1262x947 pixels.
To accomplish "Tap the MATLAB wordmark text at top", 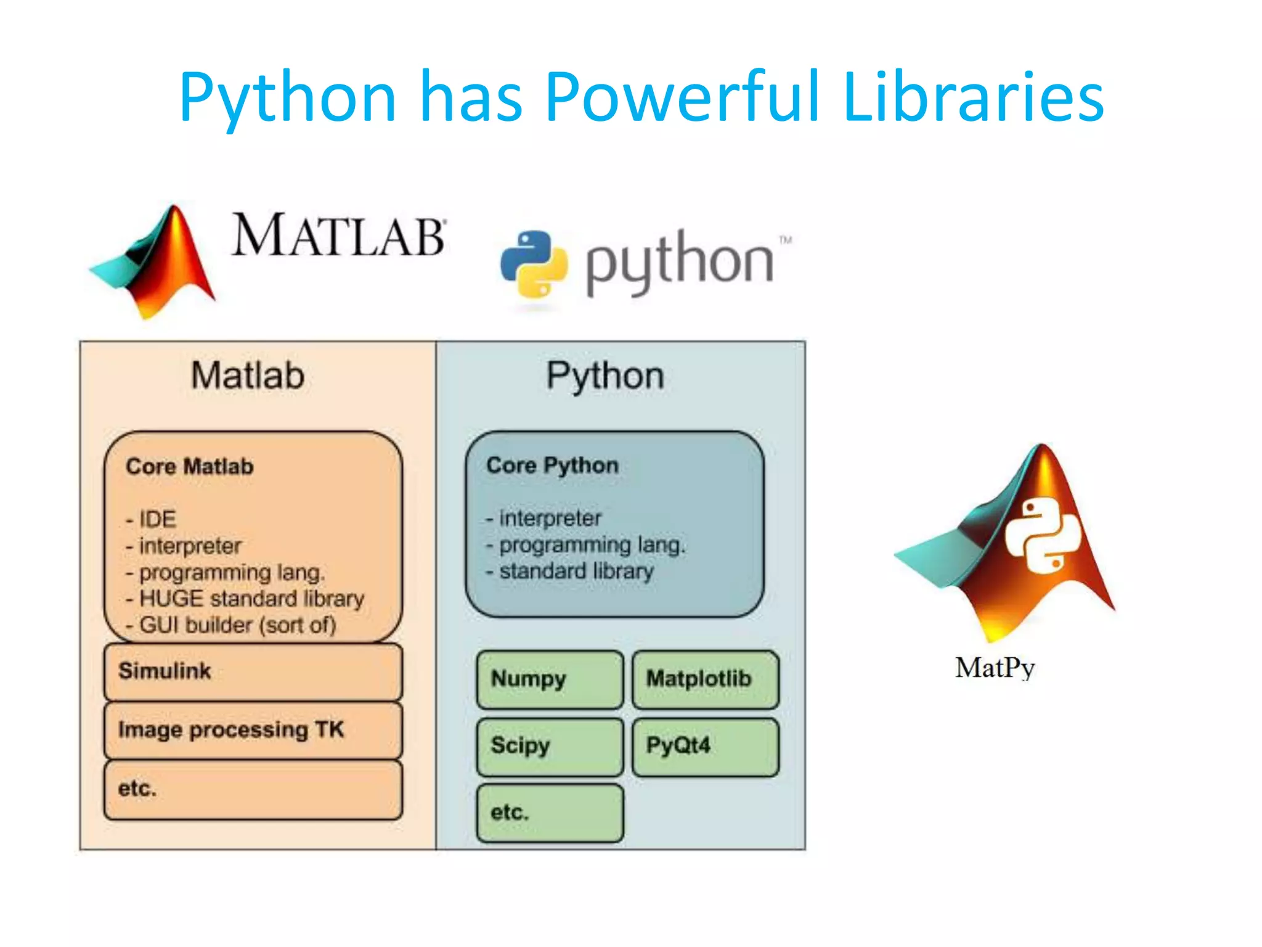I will (x=338, y=236).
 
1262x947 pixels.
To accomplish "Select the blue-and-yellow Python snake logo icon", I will (x=534, y=264).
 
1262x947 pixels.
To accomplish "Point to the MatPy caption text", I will (x=995, y=668).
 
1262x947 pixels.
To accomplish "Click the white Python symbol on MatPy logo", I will (x=1043, y=535).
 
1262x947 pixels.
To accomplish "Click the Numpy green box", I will (x=550, y=679).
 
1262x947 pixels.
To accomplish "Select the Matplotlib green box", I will (x=705, y=679).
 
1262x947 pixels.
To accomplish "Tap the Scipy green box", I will (x=550, y=746).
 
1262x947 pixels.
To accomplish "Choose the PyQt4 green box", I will (x=705, y=746).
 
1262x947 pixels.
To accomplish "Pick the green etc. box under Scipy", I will (x=550, y=813).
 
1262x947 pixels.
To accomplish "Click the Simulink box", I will (x=253, y=671).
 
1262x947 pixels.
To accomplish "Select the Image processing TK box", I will (x=253, y=731).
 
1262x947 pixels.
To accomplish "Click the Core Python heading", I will (x=552, y=465).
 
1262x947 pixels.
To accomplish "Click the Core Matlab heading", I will (x=190, y=467).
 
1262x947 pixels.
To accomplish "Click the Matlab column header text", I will (x=248, y=375).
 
